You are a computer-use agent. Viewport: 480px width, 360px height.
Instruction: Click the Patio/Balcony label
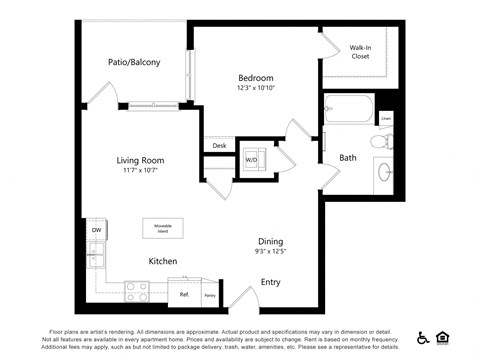pos(134,62)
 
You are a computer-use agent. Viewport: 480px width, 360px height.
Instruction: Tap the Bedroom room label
pos(255,77)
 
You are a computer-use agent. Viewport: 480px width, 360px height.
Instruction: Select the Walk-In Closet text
pos(360,52)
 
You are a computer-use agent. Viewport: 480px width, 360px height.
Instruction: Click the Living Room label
pos(141,160)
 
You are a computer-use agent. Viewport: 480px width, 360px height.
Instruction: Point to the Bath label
pos(348,157)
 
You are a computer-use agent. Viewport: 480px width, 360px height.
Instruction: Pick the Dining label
pos(270,241)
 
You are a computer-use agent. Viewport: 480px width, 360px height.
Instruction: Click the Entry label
pos(271,282)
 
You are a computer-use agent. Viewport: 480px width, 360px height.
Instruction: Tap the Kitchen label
pos(163,261)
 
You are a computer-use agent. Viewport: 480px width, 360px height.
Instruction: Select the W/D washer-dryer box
pos(251,159)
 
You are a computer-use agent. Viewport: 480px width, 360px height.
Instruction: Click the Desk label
pos(219,147)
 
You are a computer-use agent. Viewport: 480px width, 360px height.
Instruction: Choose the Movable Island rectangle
pos(162,229)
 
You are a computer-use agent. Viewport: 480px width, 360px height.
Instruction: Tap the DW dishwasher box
pos(97,231)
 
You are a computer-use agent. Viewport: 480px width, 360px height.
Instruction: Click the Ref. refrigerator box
pos(185,294)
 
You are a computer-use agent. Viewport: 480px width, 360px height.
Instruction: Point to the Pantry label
pos(210,295)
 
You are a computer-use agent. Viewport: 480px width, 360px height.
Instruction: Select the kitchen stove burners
pos(137,291)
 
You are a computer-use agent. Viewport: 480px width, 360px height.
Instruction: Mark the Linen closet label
pos(386,118)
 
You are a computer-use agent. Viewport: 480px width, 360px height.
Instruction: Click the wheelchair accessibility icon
pos(422,337)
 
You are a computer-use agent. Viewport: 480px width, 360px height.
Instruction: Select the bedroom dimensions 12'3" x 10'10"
pos(255,88)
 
